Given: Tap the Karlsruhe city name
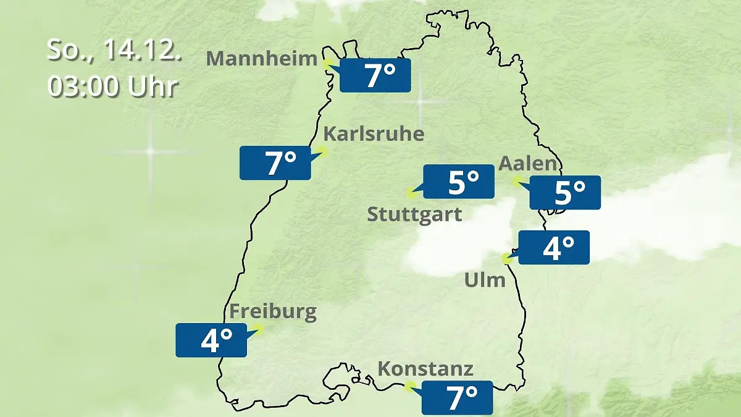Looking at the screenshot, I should point(374,134).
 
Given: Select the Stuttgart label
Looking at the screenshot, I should point(414,214).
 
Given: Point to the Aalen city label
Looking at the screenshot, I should point(528,164).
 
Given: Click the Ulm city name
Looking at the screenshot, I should point(485,280).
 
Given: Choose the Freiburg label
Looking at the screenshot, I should point(273,311).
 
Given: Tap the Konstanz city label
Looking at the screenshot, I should point(425,369).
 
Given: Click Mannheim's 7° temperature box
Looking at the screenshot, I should point(375,76).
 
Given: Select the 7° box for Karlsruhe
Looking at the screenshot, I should point(275,163).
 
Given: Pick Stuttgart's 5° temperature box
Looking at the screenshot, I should point(459,182).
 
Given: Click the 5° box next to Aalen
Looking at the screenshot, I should point(565,193).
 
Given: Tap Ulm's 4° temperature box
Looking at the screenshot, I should point(554,248).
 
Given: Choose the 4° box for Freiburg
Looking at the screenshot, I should point(211,340).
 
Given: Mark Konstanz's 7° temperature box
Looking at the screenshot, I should point(458,398).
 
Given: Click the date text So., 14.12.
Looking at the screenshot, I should point(115,50).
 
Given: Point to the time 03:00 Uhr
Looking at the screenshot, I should point(112,87).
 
